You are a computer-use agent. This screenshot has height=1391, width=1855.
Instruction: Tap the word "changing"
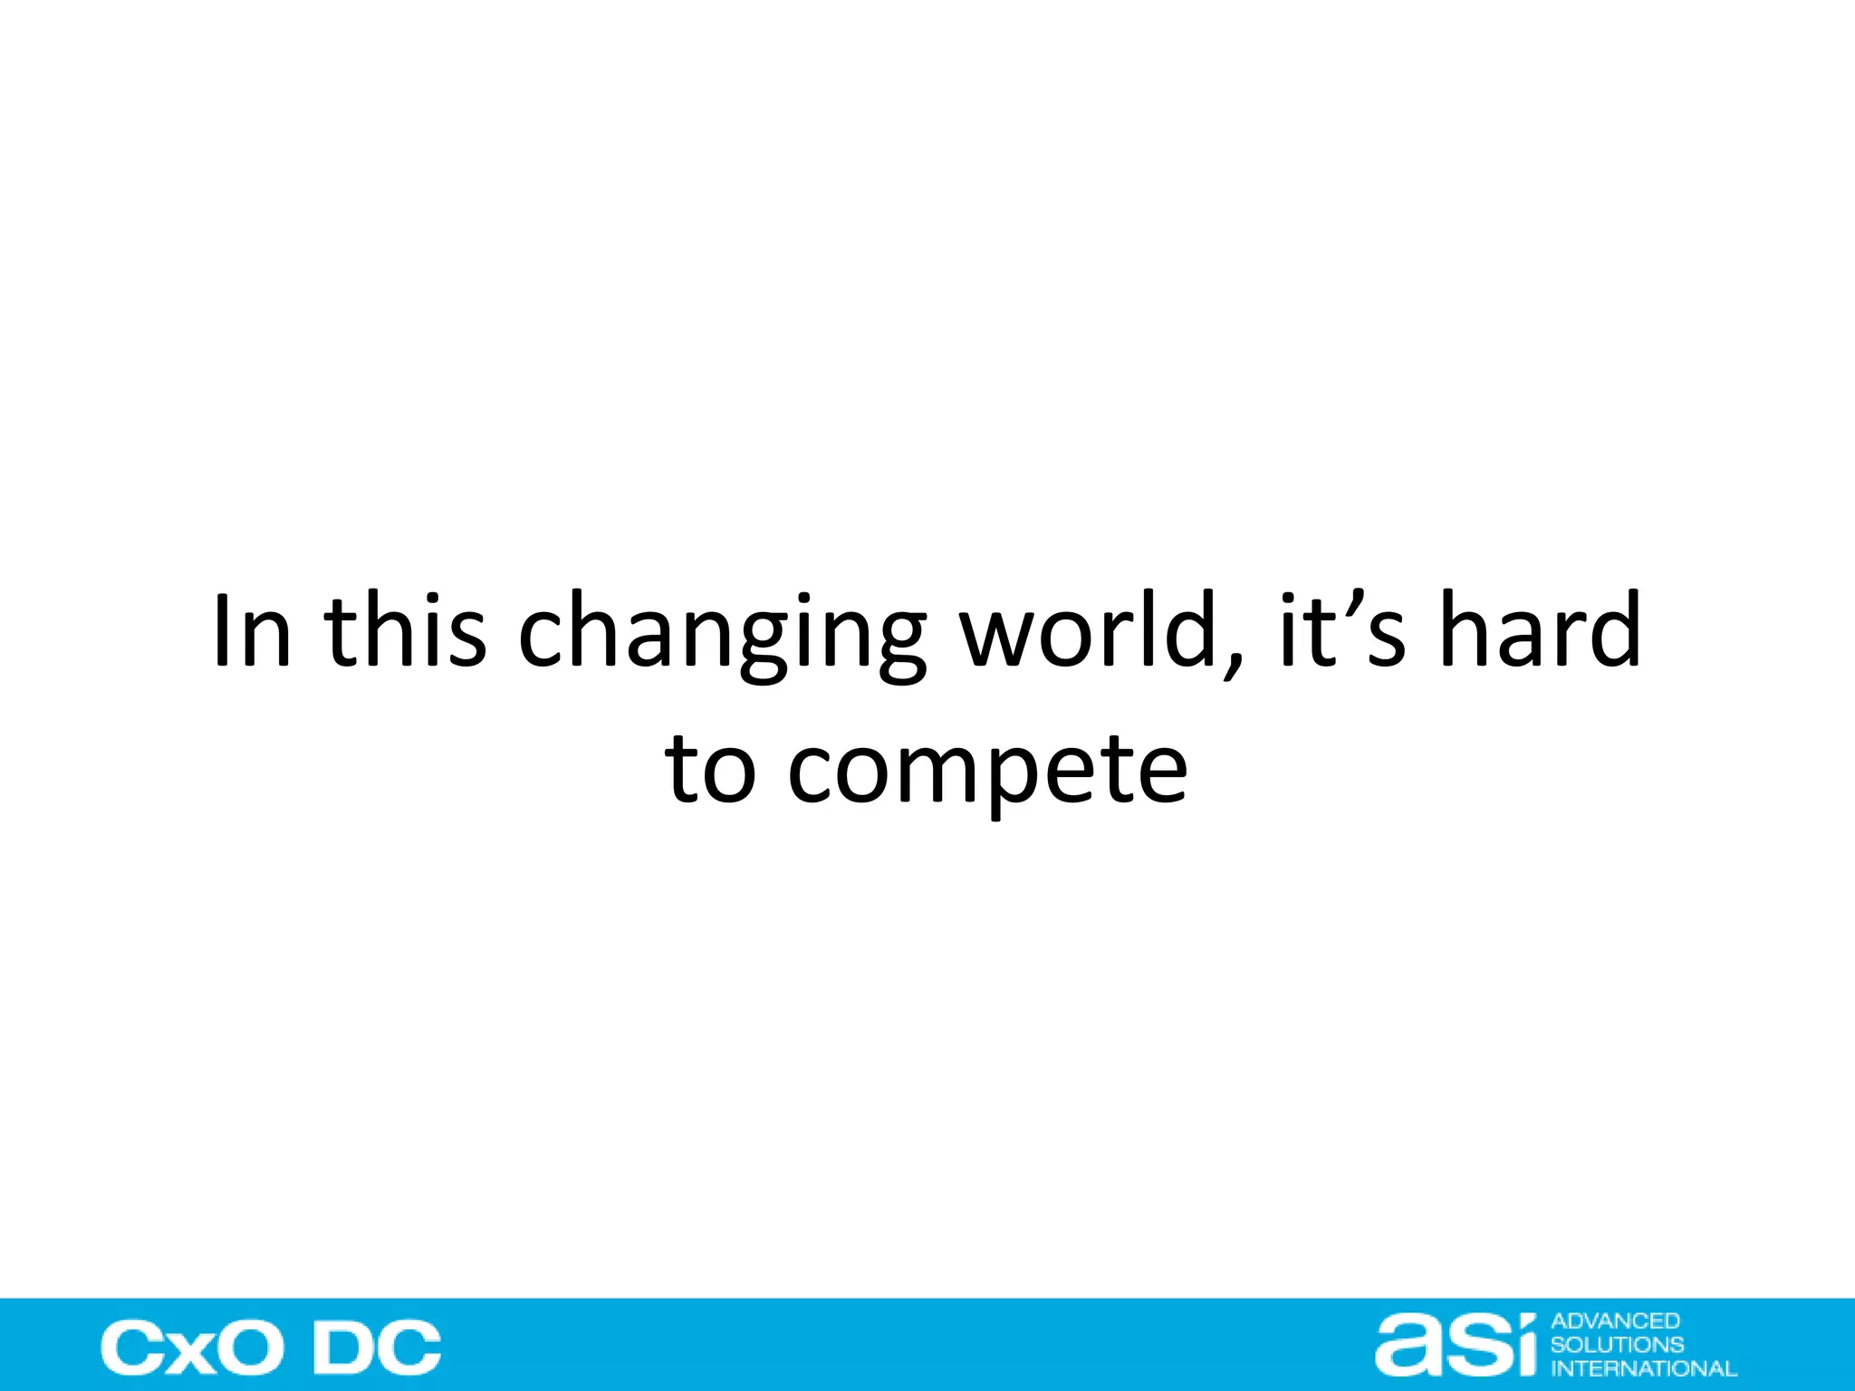722,634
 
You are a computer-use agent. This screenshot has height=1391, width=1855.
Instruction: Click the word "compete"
987,772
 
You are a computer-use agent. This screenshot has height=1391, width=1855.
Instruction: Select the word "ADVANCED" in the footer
1615,1321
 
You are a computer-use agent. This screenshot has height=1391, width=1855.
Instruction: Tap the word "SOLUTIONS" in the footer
1617,1345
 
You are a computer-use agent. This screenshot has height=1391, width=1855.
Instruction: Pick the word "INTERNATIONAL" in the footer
1644,1368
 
